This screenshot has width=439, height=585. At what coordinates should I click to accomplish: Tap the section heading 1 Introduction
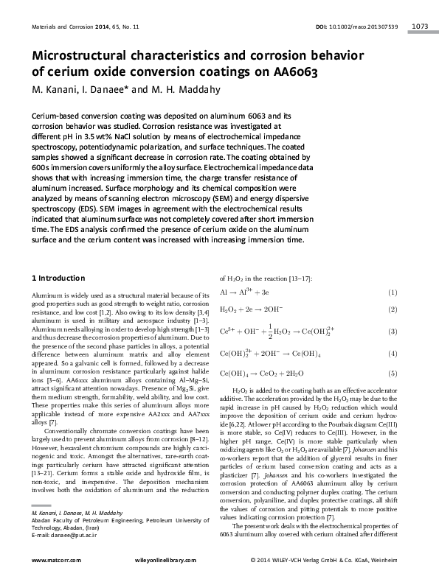[63, 278]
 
